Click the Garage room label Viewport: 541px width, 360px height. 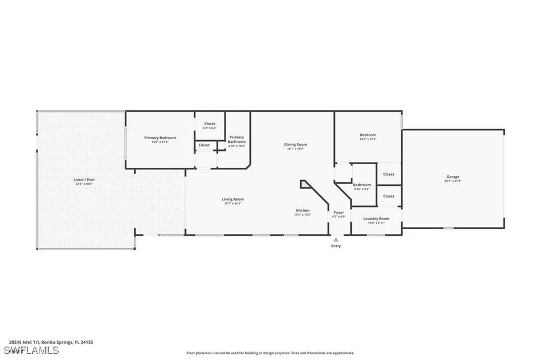[x=453, y=177]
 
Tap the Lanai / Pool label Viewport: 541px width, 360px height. [x=83, y=179]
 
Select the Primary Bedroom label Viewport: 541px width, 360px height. [x=160, y=138]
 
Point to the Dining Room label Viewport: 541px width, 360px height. [x=295, y=144]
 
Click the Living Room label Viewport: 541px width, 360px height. [x=232, y=199]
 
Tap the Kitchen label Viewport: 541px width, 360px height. [x=303, y=210]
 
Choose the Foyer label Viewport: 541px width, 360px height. [x=339, y=212]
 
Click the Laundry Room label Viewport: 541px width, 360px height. [x=377, y=218]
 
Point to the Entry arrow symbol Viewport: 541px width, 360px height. [x=336, y=239]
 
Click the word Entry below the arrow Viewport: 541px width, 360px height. [x=336, y=246]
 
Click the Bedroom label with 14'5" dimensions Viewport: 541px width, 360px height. [x=368, y=135]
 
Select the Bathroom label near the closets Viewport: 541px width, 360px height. [x=362, y=185]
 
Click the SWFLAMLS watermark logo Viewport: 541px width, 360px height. [x=31, y=350]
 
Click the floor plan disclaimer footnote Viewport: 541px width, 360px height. [x=270, y=353]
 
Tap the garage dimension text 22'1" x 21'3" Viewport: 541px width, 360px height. [x=453, y=181]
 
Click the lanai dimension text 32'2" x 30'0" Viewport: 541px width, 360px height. [x=83, y=184]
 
